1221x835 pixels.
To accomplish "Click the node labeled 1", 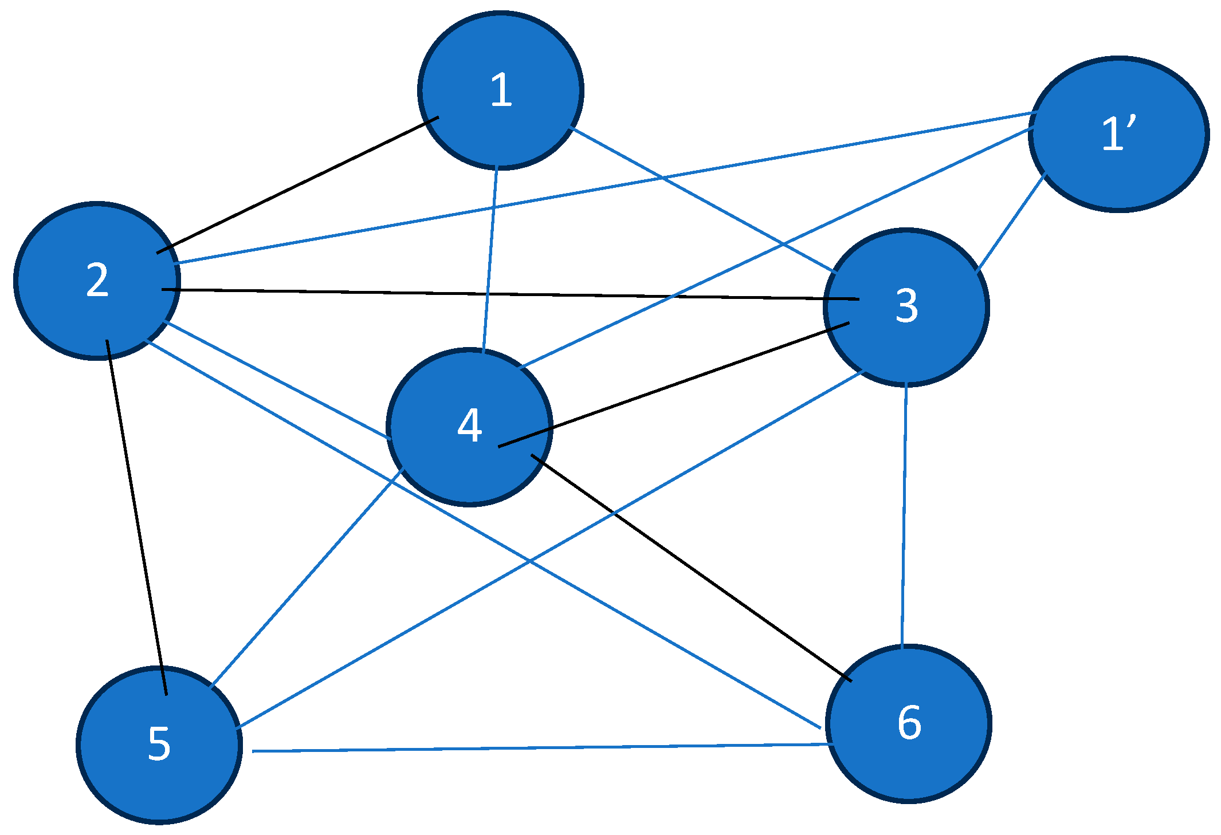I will click(x=501, y=90).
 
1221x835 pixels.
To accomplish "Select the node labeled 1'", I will click(x=1118, y=135).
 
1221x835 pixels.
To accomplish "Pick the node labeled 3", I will click(x=906, y=308).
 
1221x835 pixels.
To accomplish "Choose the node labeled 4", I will click(x=469, y=427).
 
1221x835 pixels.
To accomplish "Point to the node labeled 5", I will click(x=159, y=745).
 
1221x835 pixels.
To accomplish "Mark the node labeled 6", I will click(x=908, y=723).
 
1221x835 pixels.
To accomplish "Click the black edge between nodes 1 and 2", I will click(x=298, y=185).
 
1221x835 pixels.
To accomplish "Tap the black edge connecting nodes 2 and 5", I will click(x=136, y=517).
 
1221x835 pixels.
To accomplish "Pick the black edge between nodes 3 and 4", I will click(x=673, y=385).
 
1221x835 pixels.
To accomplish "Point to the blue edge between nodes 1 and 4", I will click(x=490, y=258).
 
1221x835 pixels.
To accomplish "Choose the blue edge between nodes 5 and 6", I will click(x=539, y=747).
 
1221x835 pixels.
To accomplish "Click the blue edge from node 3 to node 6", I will click(x=904, y=515).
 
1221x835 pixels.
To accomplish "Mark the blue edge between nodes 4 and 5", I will click(x=307, y=577).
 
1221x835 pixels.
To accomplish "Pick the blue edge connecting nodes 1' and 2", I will click(x=604, y=188).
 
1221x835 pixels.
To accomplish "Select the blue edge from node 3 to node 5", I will click(x=550, y=549).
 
